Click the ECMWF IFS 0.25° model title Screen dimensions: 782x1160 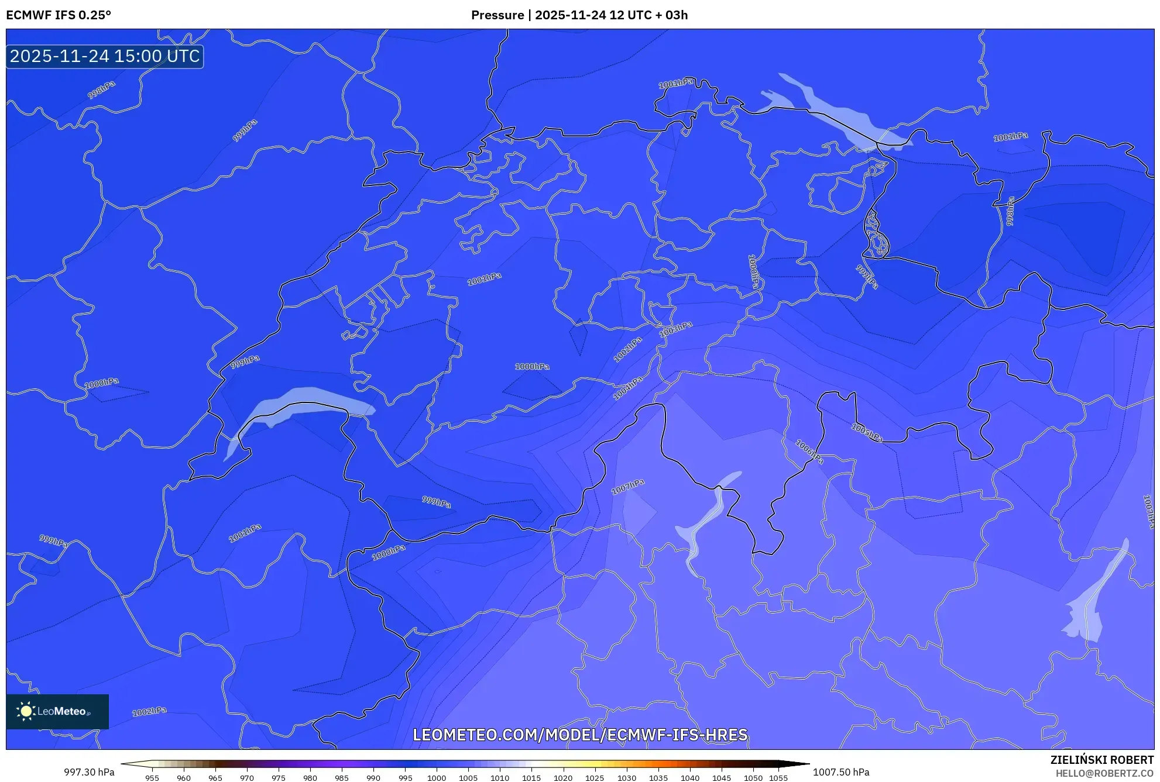(59, 15)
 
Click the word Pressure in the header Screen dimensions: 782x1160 (497, 15)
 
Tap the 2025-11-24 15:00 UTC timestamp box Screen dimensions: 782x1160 (105, 56)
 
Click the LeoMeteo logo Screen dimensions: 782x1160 (57, 711)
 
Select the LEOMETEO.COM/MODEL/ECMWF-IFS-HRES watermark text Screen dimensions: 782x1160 (580, 735)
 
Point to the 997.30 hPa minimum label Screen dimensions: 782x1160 (89, 772)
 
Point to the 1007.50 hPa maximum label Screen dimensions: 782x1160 (841, 772)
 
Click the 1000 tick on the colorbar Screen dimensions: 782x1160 (437, 778)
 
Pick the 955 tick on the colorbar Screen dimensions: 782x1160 (152, 778)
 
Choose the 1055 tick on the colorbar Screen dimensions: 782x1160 (778, 778)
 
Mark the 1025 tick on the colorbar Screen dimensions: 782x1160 (595, 778)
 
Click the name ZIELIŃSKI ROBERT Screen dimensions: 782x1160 (1101, 760)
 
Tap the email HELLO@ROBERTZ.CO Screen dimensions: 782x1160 (1104, 773)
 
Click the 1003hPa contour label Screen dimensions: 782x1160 (676, 329)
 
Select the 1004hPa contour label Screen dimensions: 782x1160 (628, 388)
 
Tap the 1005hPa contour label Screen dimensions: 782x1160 (867, 433)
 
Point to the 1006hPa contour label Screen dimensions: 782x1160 (809, 452)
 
